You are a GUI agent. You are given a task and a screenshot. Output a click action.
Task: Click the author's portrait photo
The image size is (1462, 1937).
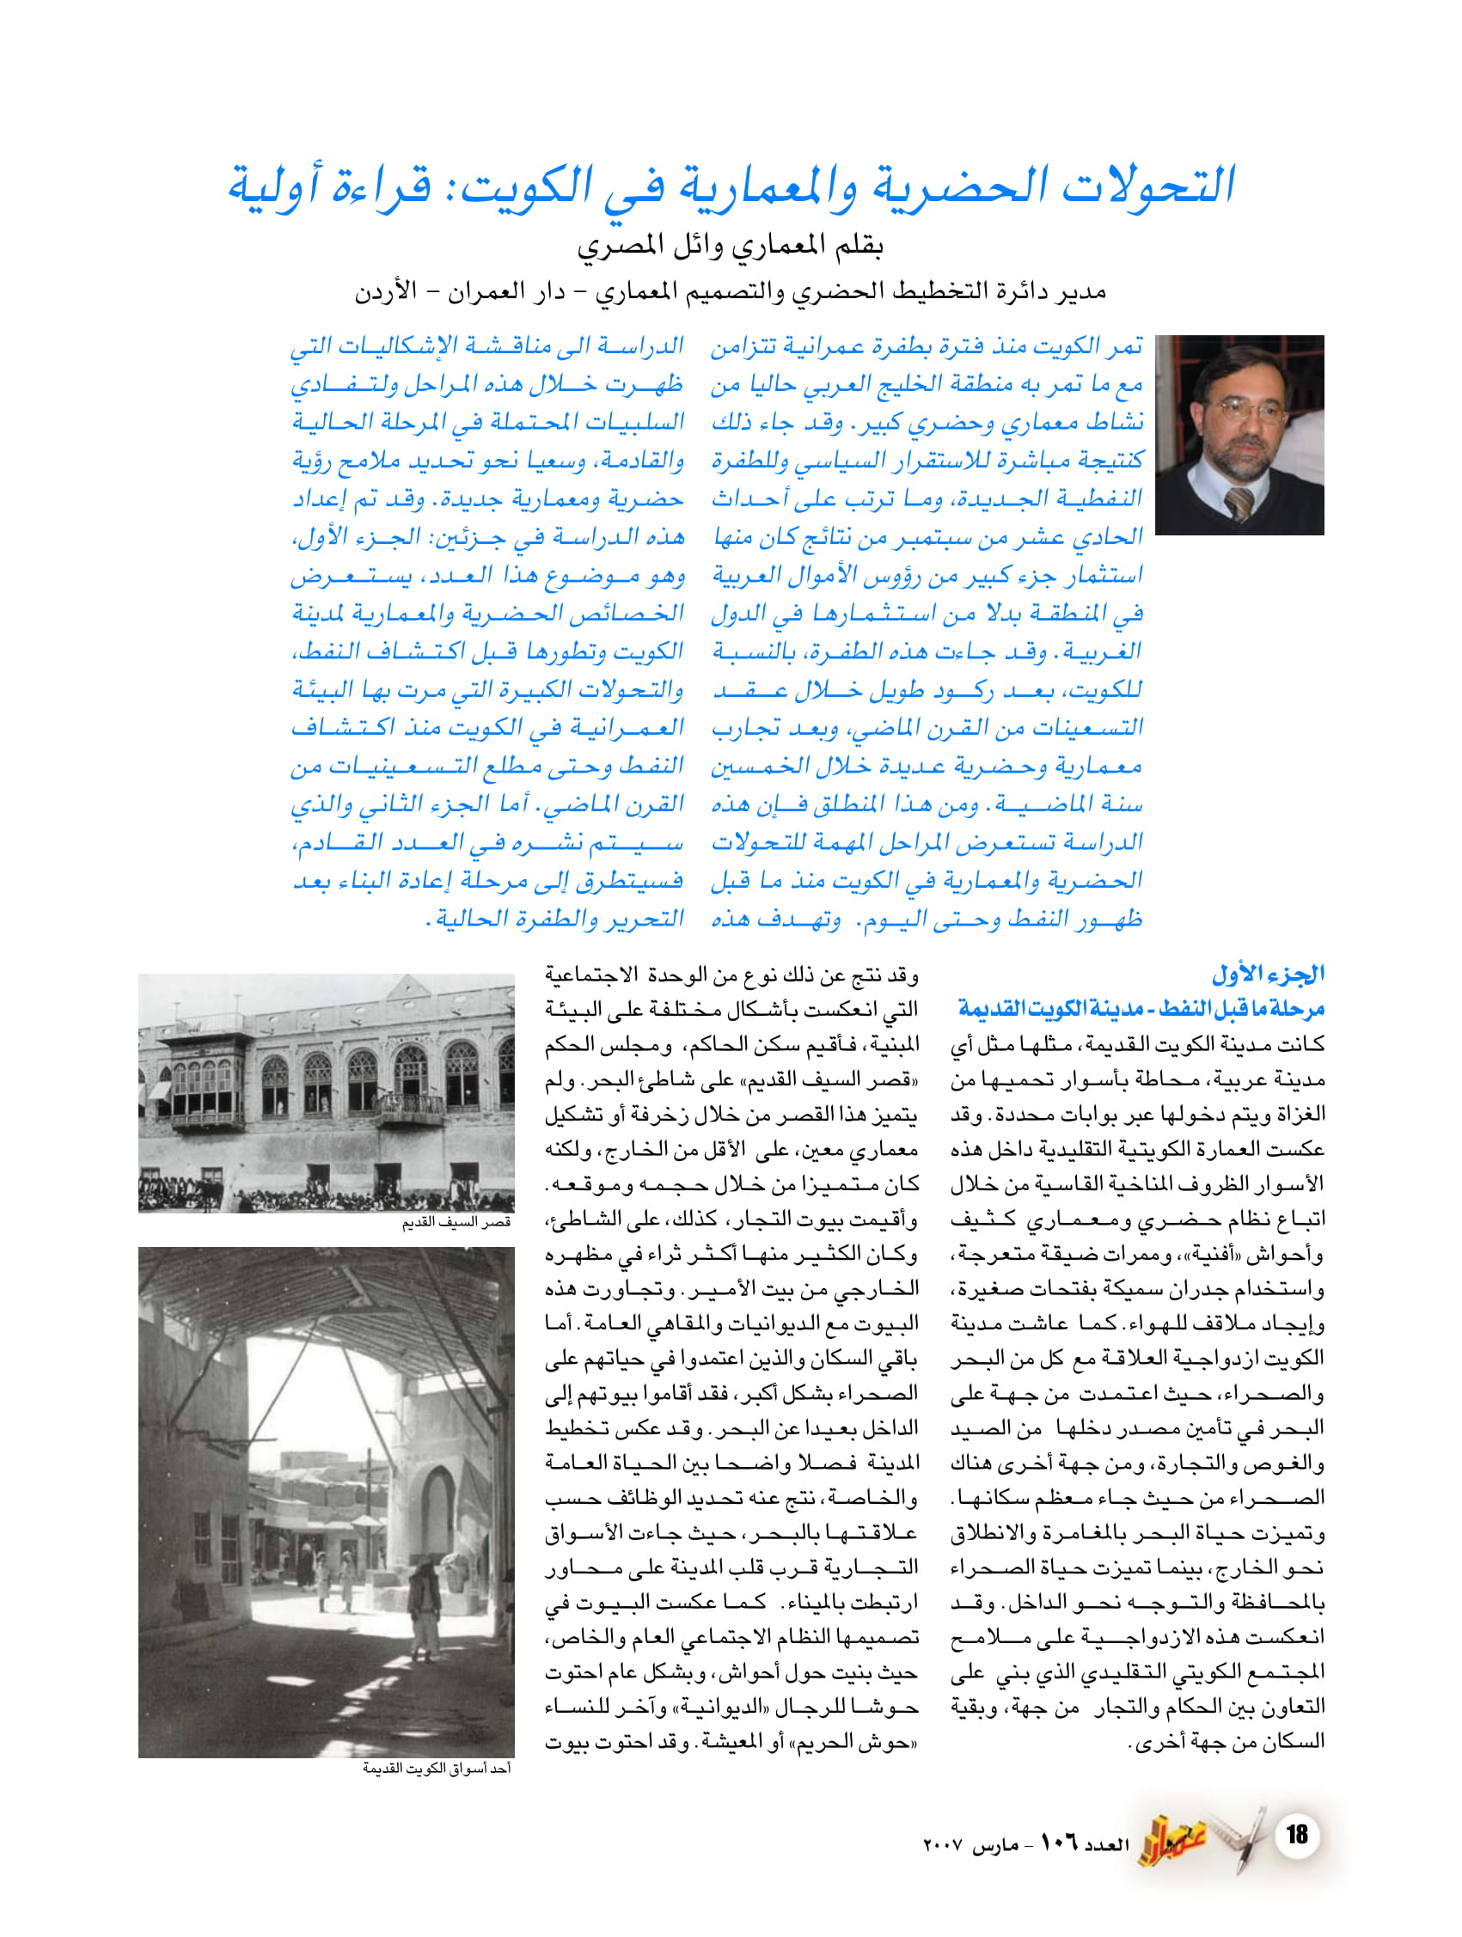pyautogui.click(x=1239, y=434)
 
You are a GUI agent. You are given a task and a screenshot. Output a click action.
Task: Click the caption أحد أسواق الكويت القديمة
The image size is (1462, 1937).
pyautogui.click(x=437, y=1769)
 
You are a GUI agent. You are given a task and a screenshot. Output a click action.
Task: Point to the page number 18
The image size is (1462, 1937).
pyautogui.click(x=1296, y=1834)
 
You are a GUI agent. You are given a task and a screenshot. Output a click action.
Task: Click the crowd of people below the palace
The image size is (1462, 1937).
pyautogui.click(x=324, y=1196)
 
